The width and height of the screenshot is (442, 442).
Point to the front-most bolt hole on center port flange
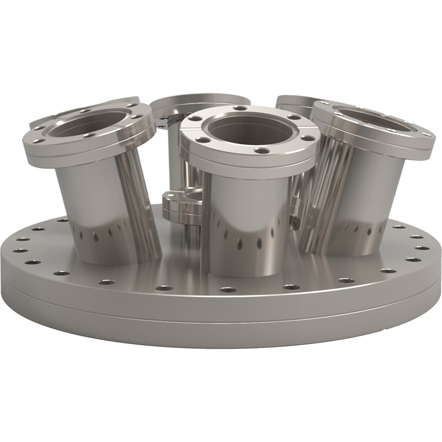point(262,150)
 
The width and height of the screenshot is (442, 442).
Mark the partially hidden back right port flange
point(293,101)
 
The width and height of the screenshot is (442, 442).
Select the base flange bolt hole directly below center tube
point(227,289)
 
